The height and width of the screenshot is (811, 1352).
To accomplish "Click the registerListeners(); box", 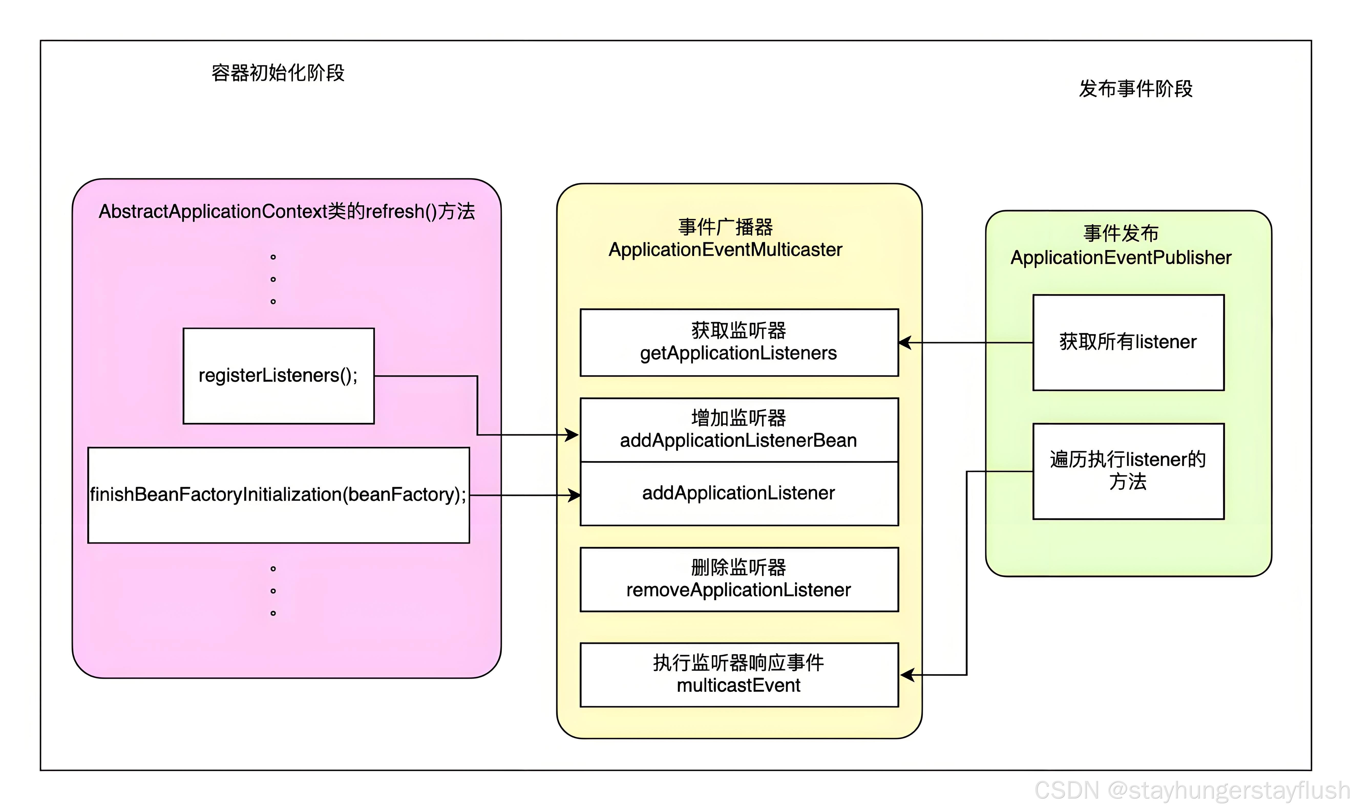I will (x=278, y=376).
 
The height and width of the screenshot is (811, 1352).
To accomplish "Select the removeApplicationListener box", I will (x=739, y=579).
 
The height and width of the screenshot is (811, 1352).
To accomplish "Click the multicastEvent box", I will (x=739, y=675).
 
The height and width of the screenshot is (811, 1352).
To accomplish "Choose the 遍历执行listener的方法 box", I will (x=1128, y=471).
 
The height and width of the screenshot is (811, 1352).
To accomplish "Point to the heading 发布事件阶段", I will (x=1136, y=89).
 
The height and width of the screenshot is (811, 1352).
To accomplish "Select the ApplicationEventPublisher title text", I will (x=1121, y=257).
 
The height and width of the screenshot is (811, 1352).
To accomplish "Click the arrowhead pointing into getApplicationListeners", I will (x=905, y=343).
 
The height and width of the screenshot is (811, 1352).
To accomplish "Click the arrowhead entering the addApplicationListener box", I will (x=574, y=495).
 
